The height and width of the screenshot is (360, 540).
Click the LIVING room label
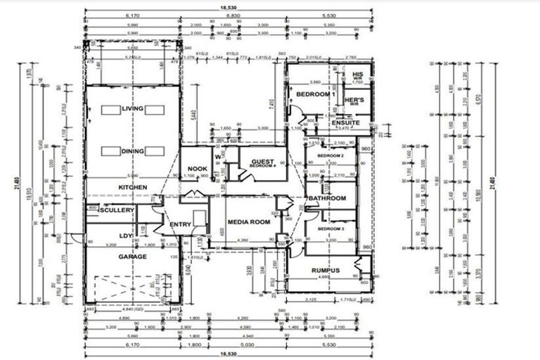click(x=132, y=109)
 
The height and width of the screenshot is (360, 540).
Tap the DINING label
click(x=132, y=150)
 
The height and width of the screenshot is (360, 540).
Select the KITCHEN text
click(x=132, y=188)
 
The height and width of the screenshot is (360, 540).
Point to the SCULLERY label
click(x=116, y=210)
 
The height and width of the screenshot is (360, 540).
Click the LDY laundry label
click(x=126, y=236)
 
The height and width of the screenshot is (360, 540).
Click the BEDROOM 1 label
click(x=314, y=94)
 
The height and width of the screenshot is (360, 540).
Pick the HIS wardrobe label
click(x=357, y=75)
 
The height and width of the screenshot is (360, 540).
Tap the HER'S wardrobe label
click(x=354, y=101)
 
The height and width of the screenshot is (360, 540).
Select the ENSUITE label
click(x=346, y=122)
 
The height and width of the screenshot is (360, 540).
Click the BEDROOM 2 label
click(x=330, y=155)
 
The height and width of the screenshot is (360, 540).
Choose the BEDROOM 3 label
click(x=330, y=230)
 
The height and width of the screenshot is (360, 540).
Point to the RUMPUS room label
click(x=326, y=270)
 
